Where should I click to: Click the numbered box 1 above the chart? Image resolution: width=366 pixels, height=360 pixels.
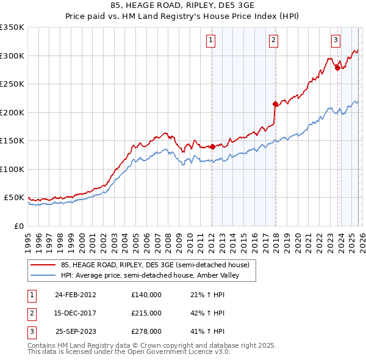click(x=210, y=41)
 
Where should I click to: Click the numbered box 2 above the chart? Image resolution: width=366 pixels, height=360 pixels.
click(x=273, y=41)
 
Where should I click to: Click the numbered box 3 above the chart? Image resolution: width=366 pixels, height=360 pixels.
click(x=335, y=41)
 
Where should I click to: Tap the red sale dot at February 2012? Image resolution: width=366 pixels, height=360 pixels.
click(x=212, y=146)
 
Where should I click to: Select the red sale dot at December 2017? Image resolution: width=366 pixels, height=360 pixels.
click(x=275, y=104)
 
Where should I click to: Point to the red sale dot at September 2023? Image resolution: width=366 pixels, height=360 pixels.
click(x=337, y=68)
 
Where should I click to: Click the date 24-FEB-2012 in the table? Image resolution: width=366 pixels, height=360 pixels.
click(x=75, y=295)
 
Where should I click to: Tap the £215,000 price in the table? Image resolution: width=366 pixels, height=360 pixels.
click(x=146, y=313)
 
